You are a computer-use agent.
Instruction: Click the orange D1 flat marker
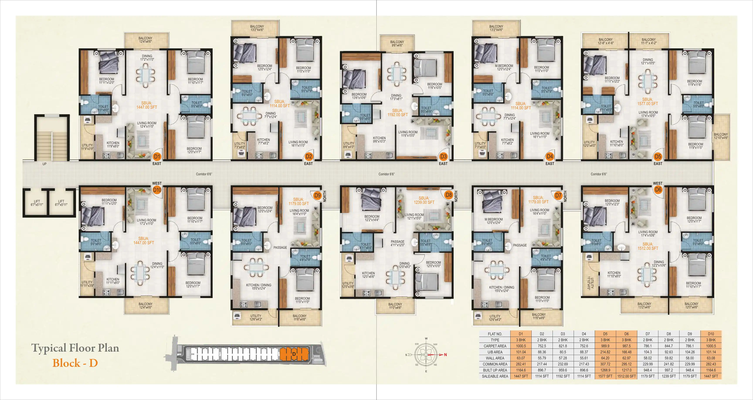tap(157, 156)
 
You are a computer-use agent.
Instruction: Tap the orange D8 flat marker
tap(448, 195)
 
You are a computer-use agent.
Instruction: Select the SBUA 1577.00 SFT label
tap(648, 102)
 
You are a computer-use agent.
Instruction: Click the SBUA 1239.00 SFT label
tap(424, 200)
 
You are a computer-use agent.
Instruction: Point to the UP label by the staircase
tap(44, 164)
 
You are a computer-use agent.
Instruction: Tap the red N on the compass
tap(445, 355)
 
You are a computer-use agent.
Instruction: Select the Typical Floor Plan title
tap(75, 348)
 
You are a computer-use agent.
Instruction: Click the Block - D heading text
tap(75, 363)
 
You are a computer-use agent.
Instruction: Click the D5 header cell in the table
tap(605, 334)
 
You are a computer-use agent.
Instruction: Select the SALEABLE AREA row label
tap(495, 376)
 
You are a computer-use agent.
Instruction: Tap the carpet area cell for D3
tap(563, 346)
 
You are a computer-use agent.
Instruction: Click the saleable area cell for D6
tap(626, 376)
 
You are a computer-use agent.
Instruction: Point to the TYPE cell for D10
tap(711, 340)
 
